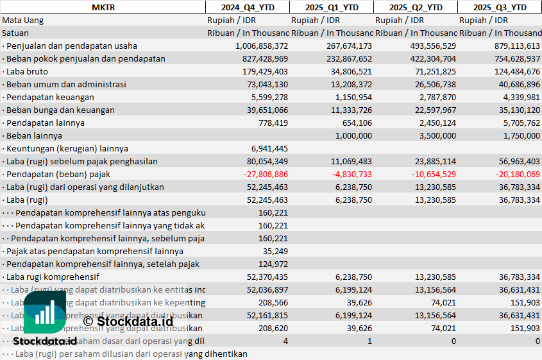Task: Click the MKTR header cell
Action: point(103,7)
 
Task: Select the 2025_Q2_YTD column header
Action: point(415,7)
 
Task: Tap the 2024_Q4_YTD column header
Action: point(247,7)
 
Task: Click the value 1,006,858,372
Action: point(253,46)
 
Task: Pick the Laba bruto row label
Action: point(25,71)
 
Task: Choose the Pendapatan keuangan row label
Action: point(50,97)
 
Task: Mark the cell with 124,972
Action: point(273,264)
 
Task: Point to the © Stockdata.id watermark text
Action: point(128,321)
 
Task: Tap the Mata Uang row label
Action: point(23,20)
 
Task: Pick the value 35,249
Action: point(275,251)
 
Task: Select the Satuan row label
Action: point(15,33)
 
